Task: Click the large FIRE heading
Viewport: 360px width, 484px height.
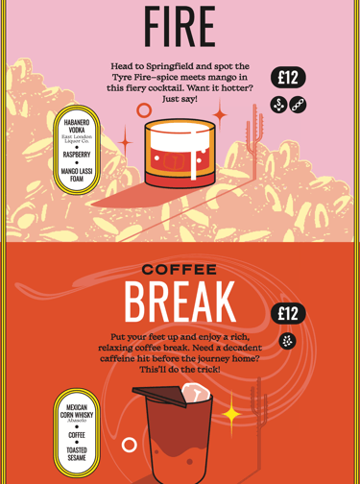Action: tap(180, 26)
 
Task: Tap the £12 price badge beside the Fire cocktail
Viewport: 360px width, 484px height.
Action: tap(288, 78)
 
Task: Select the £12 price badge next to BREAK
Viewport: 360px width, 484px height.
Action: tap(288, 313)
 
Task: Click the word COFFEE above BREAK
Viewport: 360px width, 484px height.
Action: tap(180, 270)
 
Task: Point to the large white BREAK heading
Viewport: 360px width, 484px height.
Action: tap(180, 302)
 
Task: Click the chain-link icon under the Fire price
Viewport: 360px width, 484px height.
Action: tap(298, 105)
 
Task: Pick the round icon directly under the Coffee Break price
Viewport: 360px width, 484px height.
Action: tap(287, 341)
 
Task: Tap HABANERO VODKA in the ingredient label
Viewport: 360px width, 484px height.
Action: tap(77, 126)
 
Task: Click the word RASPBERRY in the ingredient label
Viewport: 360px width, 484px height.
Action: tap(77, 155)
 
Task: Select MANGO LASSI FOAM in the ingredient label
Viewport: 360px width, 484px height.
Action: tap(77, 175)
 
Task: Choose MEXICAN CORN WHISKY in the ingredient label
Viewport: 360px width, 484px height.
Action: tap(77, 411)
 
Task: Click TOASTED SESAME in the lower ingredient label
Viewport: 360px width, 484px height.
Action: tap(77, 454)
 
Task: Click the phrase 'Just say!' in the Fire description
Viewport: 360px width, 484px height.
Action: tap(180, 99)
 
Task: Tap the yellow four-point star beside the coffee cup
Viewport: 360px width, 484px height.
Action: tap(231, 415)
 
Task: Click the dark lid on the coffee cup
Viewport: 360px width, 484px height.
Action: tap(159, 396)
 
